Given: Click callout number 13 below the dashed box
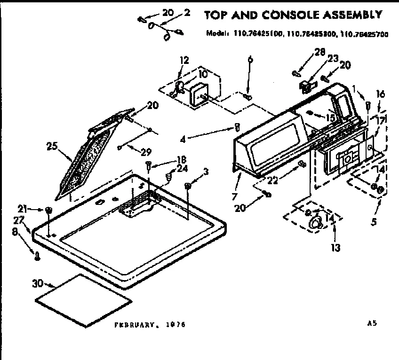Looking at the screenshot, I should [x=335, y=247].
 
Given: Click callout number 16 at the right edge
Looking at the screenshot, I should [x=381, y=94].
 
